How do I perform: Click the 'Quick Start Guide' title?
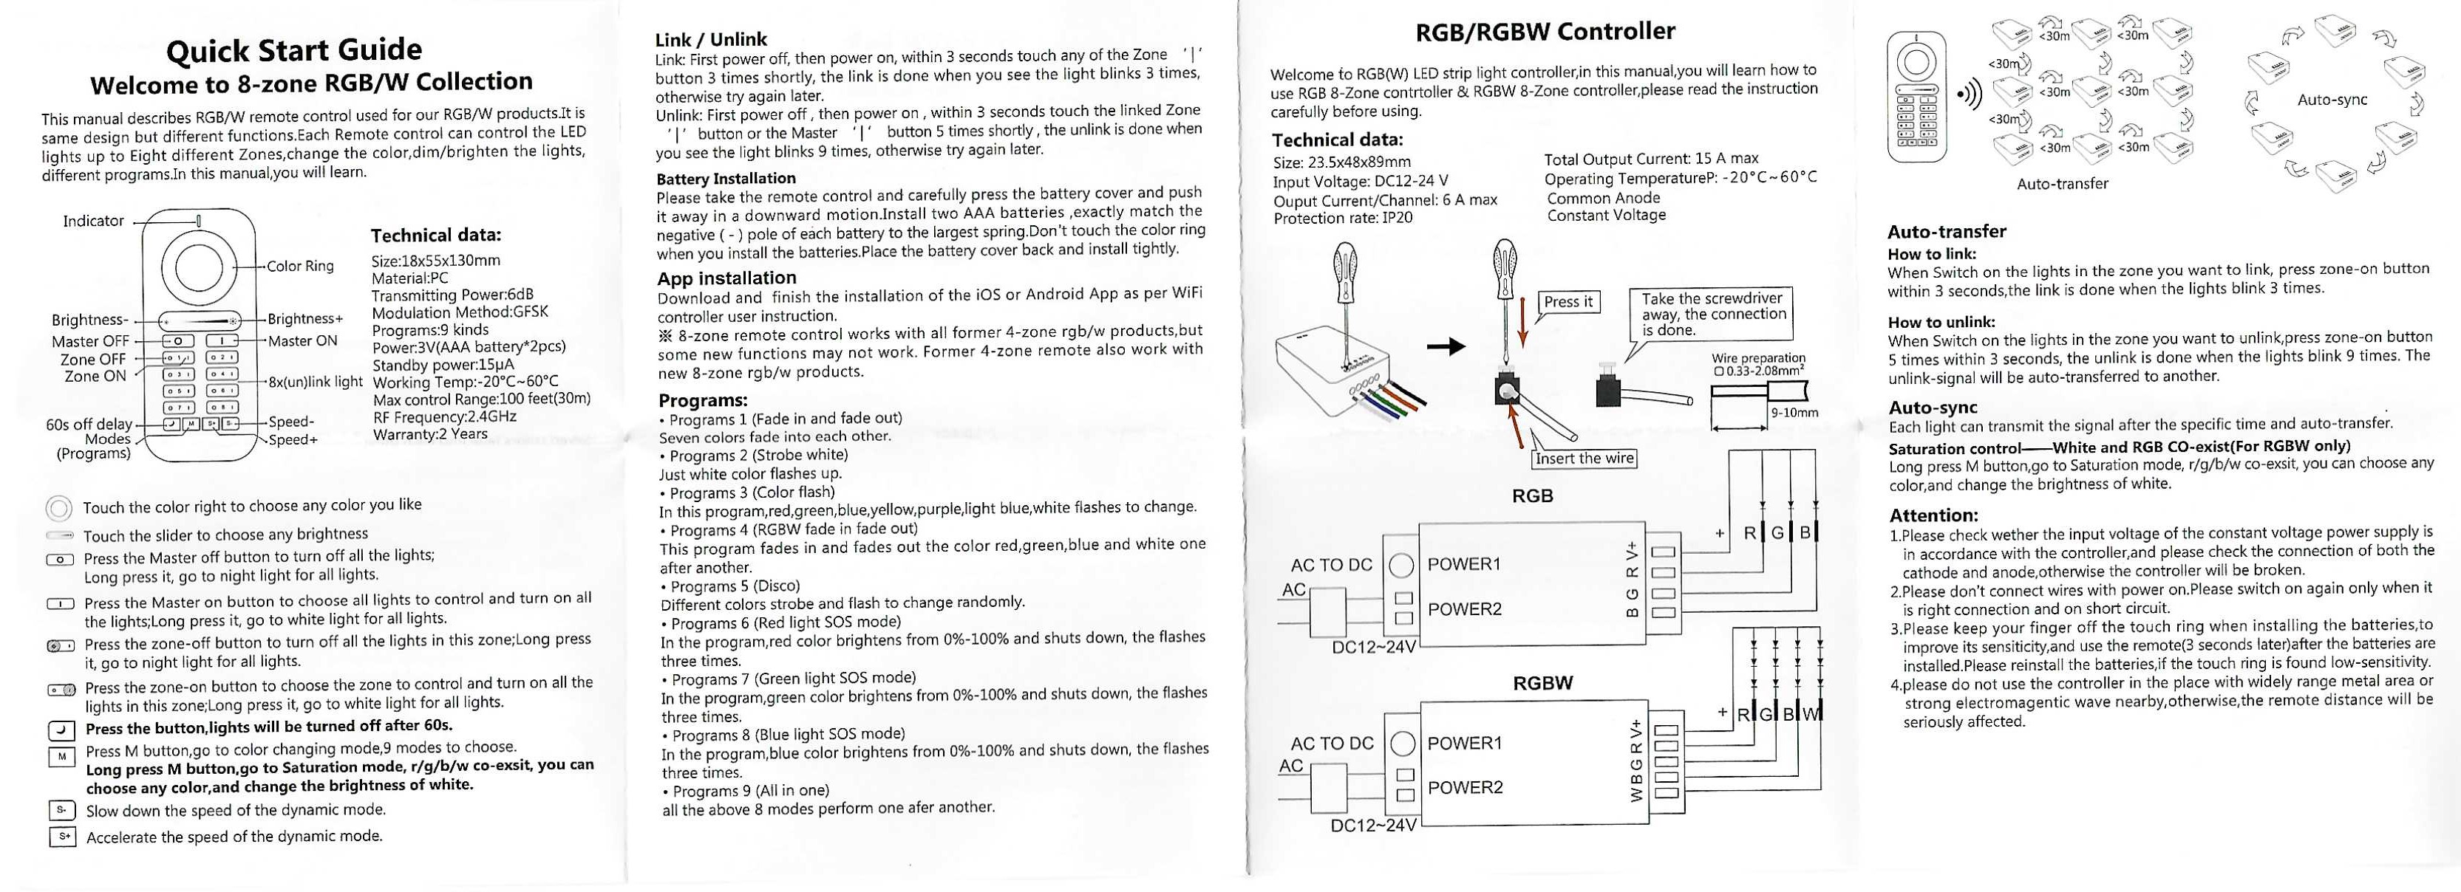coord(293,49)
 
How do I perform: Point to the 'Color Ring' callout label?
coord(300,267)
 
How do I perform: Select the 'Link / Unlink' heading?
coord(711,39)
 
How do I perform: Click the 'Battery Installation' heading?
coord(725,179)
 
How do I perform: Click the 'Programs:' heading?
coord(703,400)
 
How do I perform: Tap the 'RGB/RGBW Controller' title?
coord(1545,32)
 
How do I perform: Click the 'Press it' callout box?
coord(1568,302)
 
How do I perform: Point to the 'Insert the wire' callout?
coord(1583,459)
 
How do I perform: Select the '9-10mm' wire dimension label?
coord(1793,414)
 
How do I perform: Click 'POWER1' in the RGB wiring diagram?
coord(1463,563)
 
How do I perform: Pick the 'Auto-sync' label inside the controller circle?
coord(2332,100)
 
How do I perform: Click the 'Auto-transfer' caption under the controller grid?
coord(2062,183)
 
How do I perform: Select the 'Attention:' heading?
coord(1933,515)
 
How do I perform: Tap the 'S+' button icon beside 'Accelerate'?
coord(62,837)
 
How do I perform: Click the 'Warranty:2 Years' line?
coord(430,434)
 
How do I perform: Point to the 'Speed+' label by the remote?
coord(293,440)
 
